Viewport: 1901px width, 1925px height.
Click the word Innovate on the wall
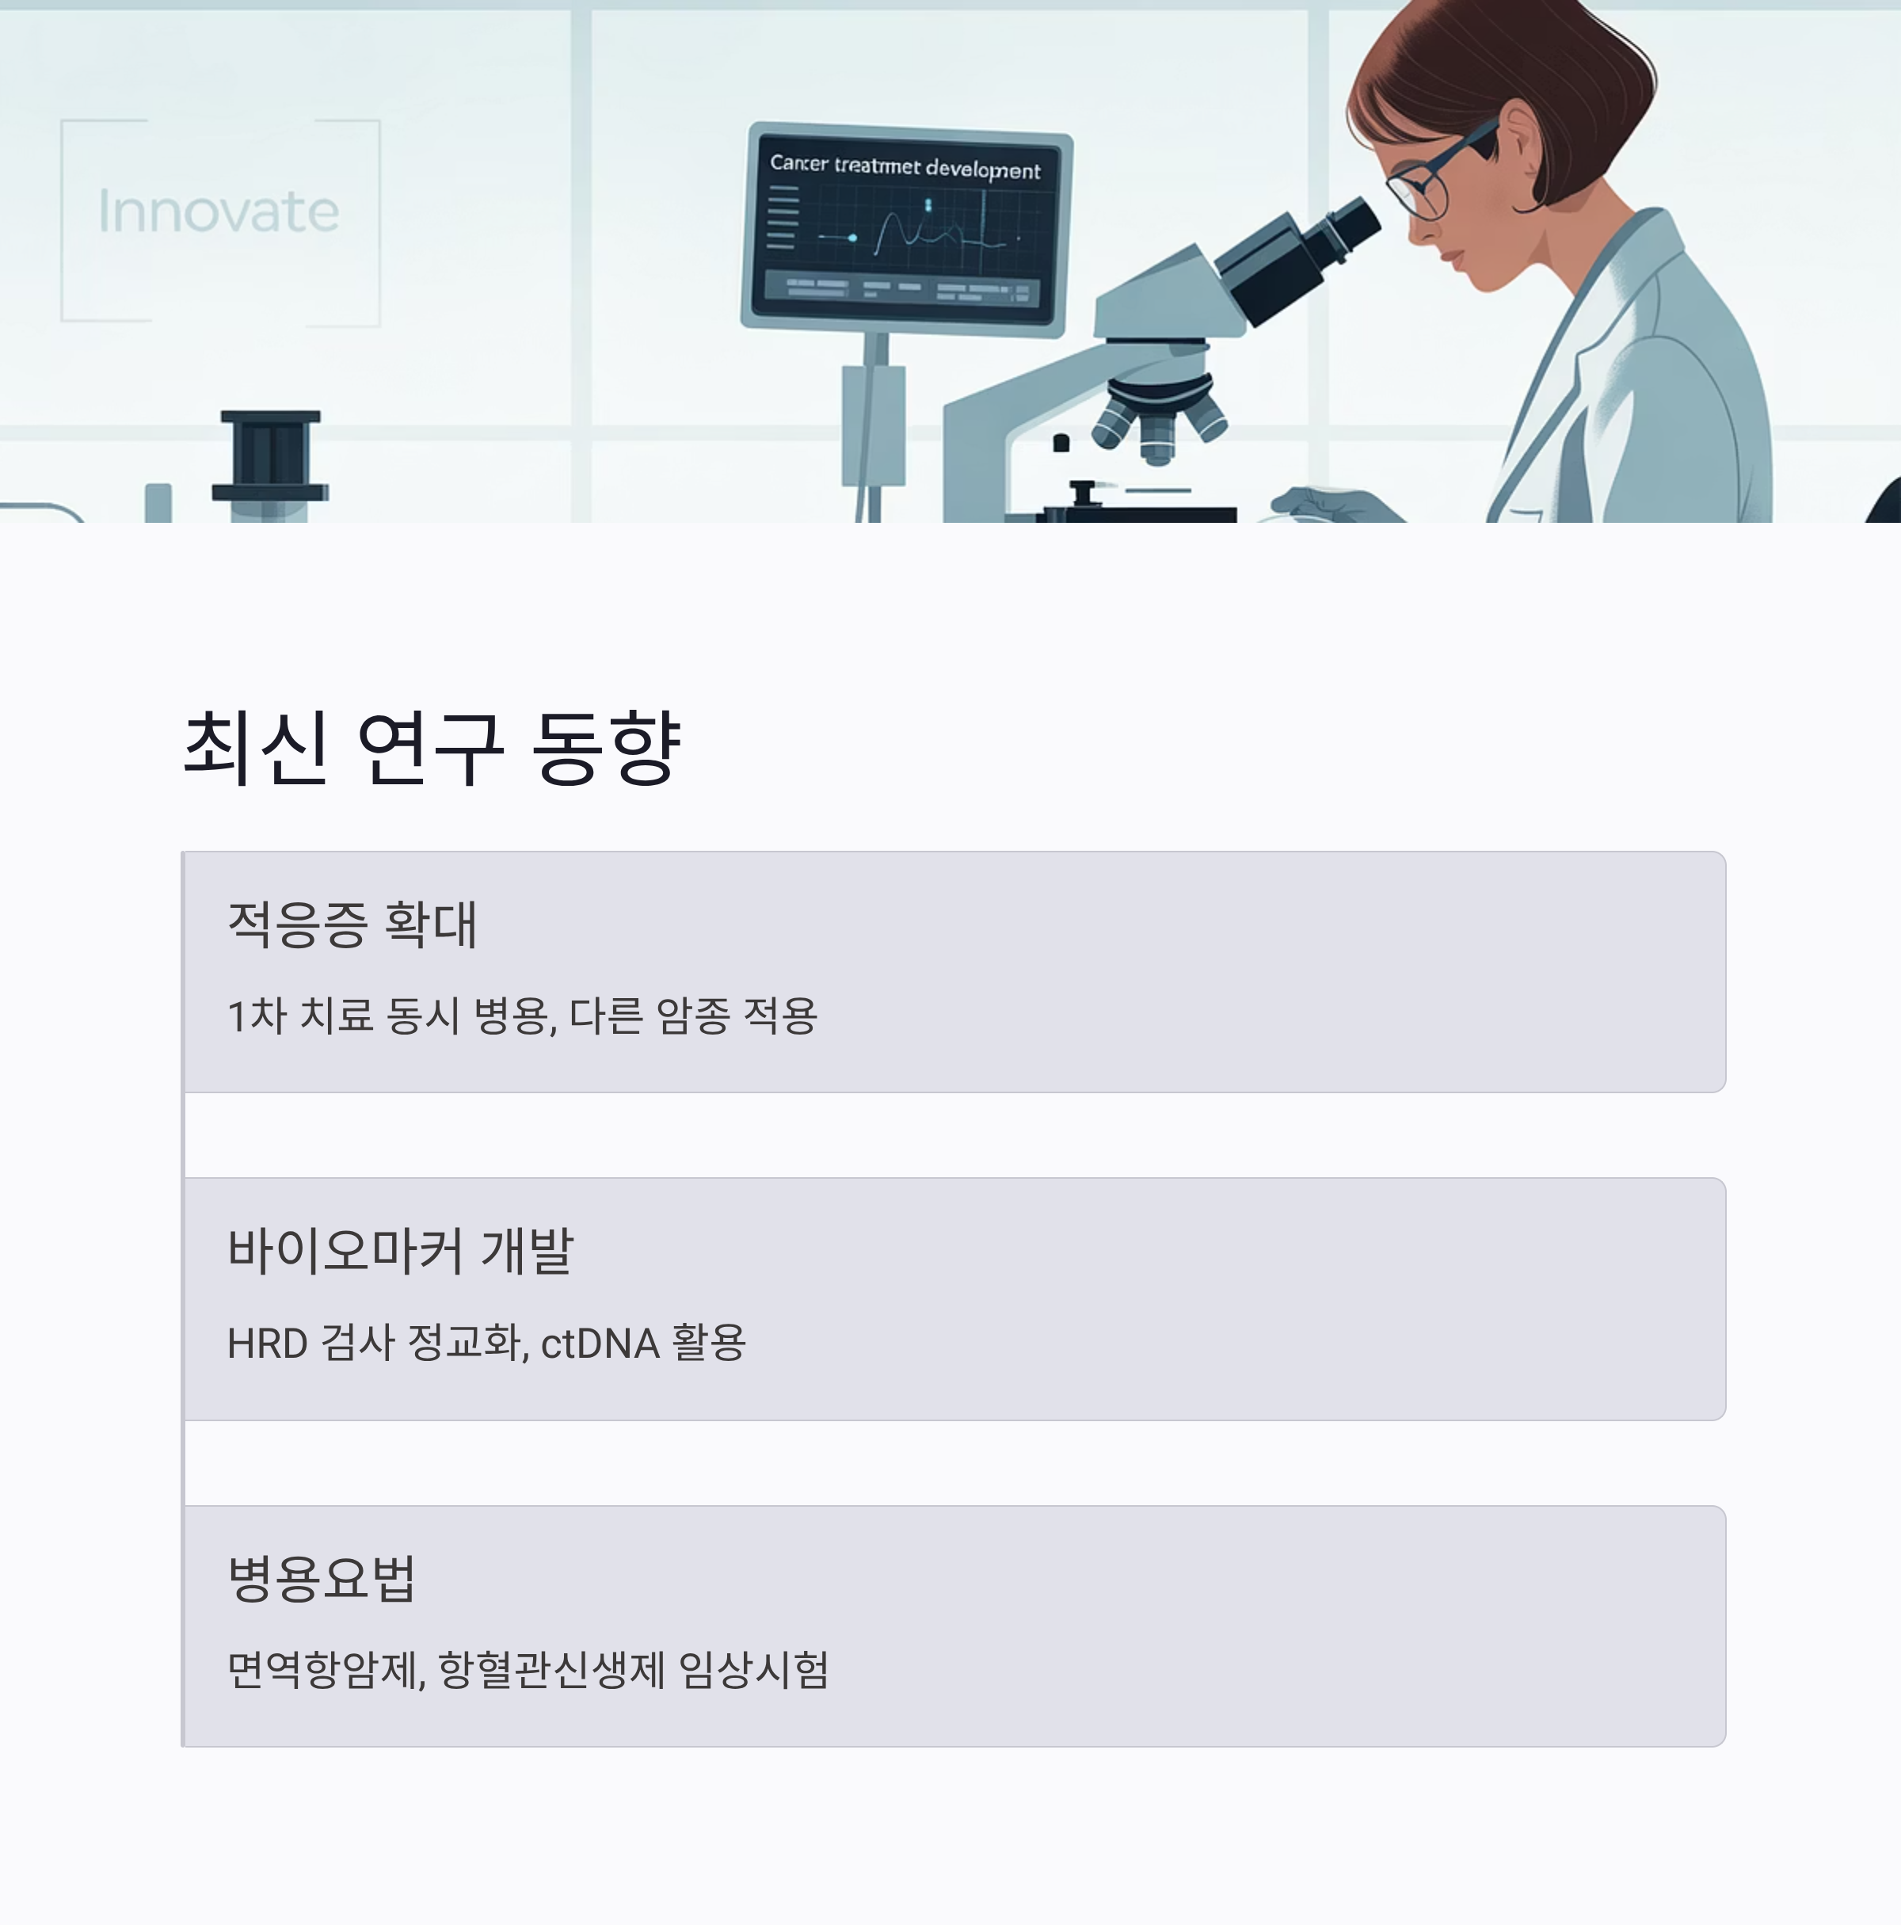tap(218, 212)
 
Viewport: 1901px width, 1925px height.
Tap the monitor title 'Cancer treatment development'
tap(905, 166)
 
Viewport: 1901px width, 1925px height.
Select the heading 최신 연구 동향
tap(432, 747)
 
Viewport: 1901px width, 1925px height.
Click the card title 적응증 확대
tap(352, 924)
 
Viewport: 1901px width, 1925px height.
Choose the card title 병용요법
tap(321, 1577)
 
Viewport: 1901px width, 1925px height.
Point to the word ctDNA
tap(600, 1343)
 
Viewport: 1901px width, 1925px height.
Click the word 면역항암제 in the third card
tap(325, 1670)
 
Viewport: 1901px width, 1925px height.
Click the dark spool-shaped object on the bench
tap(270, 456)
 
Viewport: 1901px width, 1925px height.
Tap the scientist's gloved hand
tap(1330, 503)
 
